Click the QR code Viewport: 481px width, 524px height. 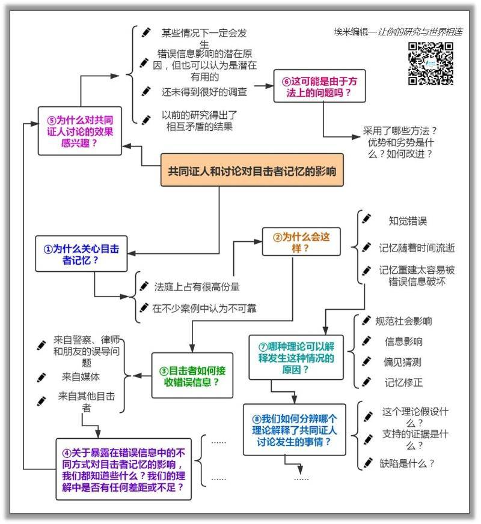tap(430, 63)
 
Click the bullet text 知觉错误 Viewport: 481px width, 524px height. tap(408, 221)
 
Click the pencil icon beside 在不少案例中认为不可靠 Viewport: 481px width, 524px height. tap(143, 308)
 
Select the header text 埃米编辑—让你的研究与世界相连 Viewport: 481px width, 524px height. tap(398, 32)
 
